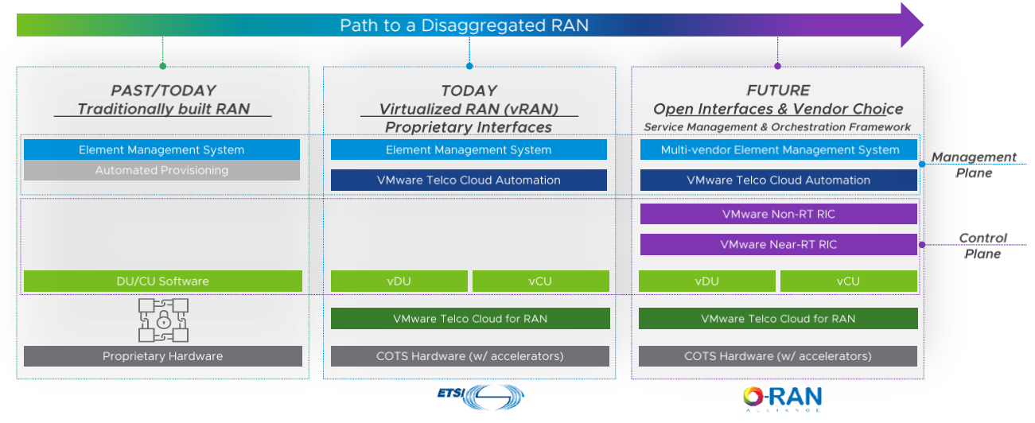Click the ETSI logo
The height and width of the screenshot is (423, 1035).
[x=481, y=395]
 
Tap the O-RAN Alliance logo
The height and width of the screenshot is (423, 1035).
[x=781, y=398]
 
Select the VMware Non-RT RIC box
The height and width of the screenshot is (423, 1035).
[x=778, y=214]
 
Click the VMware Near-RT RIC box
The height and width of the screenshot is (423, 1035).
[x=778, y=244]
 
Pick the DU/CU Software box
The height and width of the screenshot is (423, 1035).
[x=162, y=281]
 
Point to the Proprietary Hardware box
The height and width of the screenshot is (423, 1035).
[x=162, y=356]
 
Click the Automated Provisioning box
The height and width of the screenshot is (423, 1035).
[x=161, y=170]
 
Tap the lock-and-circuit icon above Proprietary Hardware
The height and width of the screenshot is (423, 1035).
[x=162, y=320]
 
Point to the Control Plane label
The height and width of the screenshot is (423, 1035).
[x=982, y=246]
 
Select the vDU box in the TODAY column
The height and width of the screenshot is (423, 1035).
[x=399, y=281]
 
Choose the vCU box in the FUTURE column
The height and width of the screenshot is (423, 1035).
[x=848, y=281]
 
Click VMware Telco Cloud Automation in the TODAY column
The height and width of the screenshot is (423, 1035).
[x=469, y=180]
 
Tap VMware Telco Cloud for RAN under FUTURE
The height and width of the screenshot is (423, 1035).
[x=778, y=319]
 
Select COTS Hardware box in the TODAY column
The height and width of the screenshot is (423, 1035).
[x=469, y=356]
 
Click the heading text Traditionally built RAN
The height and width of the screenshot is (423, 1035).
[x=163, y=109]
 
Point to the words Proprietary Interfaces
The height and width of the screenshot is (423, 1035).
[x=468, y=127]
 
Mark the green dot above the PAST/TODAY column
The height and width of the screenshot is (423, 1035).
[x=162, y=66]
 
